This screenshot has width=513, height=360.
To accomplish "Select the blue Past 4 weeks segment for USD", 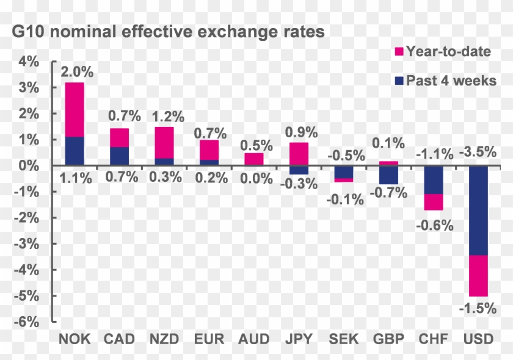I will [x=478, y=211].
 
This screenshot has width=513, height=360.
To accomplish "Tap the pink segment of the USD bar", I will [x=478, y=276].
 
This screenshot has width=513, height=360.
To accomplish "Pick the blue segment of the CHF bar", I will [x=434, y=180].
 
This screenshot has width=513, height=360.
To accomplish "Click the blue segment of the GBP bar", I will [x=388, y=175].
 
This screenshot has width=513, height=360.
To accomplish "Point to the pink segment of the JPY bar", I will [x=299, y=154].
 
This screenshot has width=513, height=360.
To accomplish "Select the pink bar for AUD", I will [x=254, y=159].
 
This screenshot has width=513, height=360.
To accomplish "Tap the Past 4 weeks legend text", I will [x=451, y=81].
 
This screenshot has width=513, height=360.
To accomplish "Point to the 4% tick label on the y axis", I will [x=28, y=62].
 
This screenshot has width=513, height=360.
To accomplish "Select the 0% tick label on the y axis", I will [x=28, y=166].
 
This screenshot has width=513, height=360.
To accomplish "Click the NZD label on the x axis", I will [x=165, y=339].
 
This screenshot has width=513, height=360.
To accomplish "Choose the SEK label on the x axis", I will [x=344, y=339].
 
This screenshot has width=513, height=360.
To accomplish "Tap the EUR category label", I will [x=209, y=339].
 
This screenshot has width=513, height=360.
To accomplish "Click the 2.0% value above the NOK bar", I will [x=76, y=72].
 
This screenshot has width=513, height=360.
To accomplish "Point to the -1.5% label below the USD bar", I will [x=478, y=308].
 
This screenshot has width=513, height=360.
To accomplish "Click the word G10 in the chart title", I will [x=29, y=32].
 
